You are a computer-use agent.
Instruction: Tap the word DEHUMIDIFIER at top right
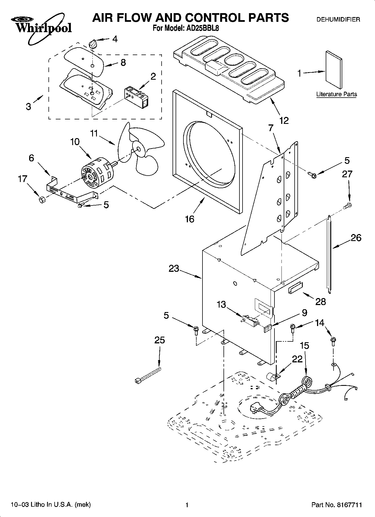coord(338,20)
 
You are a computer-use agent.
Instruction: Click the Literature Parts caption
coord(336,94)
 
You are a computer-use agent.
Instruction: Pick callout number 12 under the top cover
coord(283,121)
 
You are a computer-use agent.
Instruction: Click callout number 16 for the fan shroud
coord(190,219)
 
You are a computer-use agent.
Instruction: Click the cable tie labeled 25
coord(148,375)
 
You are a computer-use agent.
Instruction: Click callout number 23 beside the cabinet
coord(174,268)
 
